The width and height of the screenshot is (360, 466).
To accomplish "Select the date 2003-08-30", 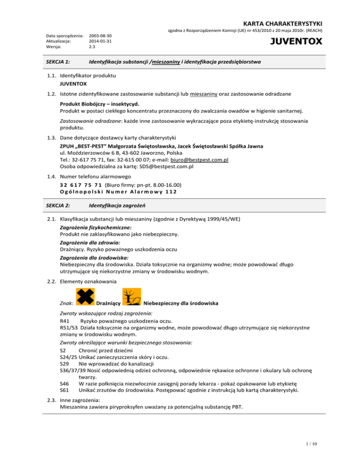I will [x=100, y=35].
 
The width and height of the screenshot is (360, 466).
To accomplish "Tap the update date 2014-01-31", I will [x=100, y=41].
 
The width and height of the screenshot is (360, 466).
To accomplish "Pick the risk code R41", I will [x=66, y=321].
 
